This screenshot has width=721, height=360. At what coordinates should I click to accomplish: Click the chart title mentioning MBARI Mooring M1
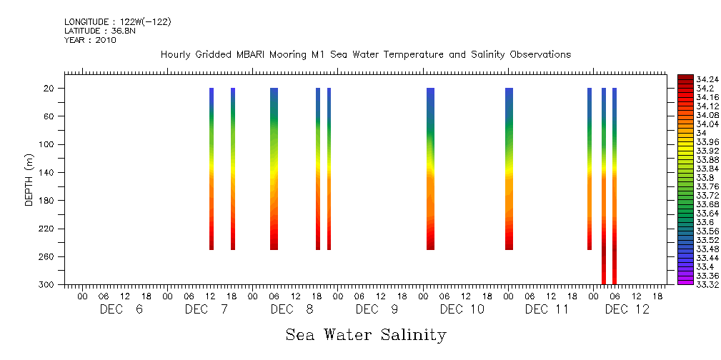click(x=366, y=55)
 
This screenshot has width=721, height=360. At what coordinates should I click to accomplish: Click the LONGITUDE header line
click(x=117, y=22)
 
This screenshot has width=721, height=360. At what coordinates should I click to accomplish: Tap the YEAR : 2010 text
click(x=90, y=41)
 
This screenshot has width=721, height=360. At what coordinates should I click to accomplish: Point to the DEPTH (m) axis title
click(x=29, y=179)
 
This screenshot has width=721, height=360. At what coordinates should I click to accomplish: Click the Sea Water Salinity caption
click(x=366, y=334)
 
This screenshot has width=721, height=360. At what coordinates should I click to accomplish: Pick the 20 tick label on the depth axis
click(x=50, y=89)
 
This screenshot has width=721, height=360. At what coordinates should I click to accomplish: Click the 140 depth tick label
click(x=48, y=172)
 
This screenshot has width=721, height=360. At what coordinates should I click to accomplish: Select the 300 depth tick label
click(x=48, y=285)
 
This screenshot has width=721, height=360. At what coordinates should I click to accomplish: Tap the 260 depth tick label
click(x=48, y=257)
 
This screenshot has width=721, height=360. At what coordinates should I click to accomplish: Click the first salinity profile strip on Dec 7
click(x=212, y=169)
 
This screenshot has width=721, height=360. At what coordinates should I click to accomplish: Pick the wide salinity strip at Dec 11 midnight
click(x=509, y=169)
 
